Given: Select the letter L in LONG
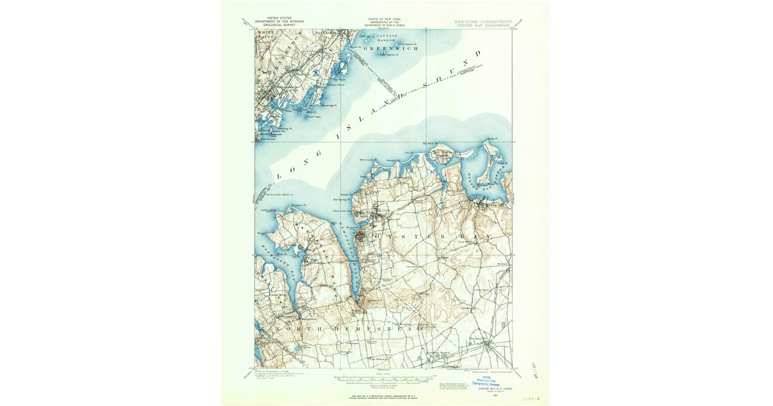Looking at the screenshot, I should (279, 175).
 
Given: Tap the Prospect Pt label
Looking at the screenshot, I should (296, 205).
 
